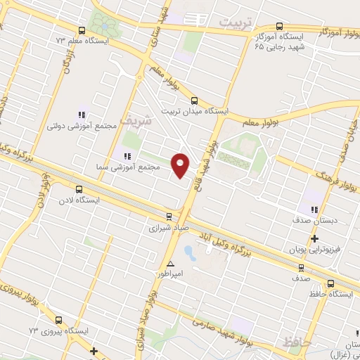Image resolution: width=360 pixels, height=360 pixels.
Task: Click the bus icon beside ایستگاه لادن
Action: pyautogui.click(x=78, y=189)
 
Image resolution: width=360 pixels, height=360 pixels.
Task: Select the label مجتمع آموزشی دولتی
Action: pyautogui.click(x=76, y=125)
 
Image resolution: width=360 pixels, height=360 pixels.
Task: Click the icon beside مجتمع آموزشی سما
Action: pyautogui.click(x=127, y=156)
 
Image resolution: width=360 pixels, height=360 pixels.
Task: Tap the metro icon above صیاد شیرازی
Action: pyautogui.click(x=168, y=217)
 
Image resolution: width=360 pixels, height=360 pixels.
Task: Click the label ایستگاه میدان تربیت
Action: pyautogui.click(x=195, y=111)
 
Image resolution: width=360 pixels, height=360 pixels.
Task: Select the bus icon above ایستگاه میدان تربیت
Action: pyautogui.click(x=195, y=100)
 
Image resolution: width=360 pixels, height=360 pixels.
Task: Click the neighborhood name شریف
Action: pyautogui.click(x=136, y=120)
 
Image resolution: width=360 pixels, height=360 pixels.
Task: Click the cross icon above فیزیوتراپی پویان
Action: pyautogui.click(x=314, y=238)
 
